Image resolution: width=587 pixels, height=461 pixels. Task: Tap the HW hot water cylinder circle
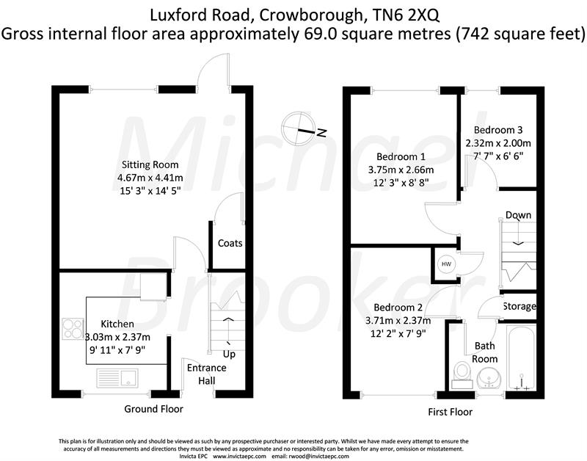click(445, 264)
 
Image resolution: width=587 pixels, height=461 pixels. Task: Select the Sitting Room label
click(150, 164)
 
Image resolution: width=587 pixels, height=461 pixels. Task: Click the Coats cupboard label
click(230, 243)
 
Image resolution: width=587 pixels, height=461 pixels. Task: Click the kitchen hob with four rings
click(74, 328)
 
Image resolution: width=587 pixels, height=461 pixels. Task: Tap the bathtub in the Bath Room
click(521, 356)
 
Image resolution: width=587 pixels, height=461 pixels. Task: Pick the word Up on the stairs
click(229, 355)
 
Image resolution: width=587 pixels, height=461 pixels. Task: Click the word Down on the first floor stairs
click(518, 215)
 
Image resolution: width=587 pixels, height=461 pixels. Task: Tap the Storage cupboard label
click(519, 306)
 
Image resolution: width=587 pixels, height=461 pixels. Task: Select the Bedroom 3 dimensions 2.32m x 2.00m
click(497, 142)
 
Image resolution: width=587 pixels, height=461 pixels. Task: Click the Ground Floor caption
click(153, 409)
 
